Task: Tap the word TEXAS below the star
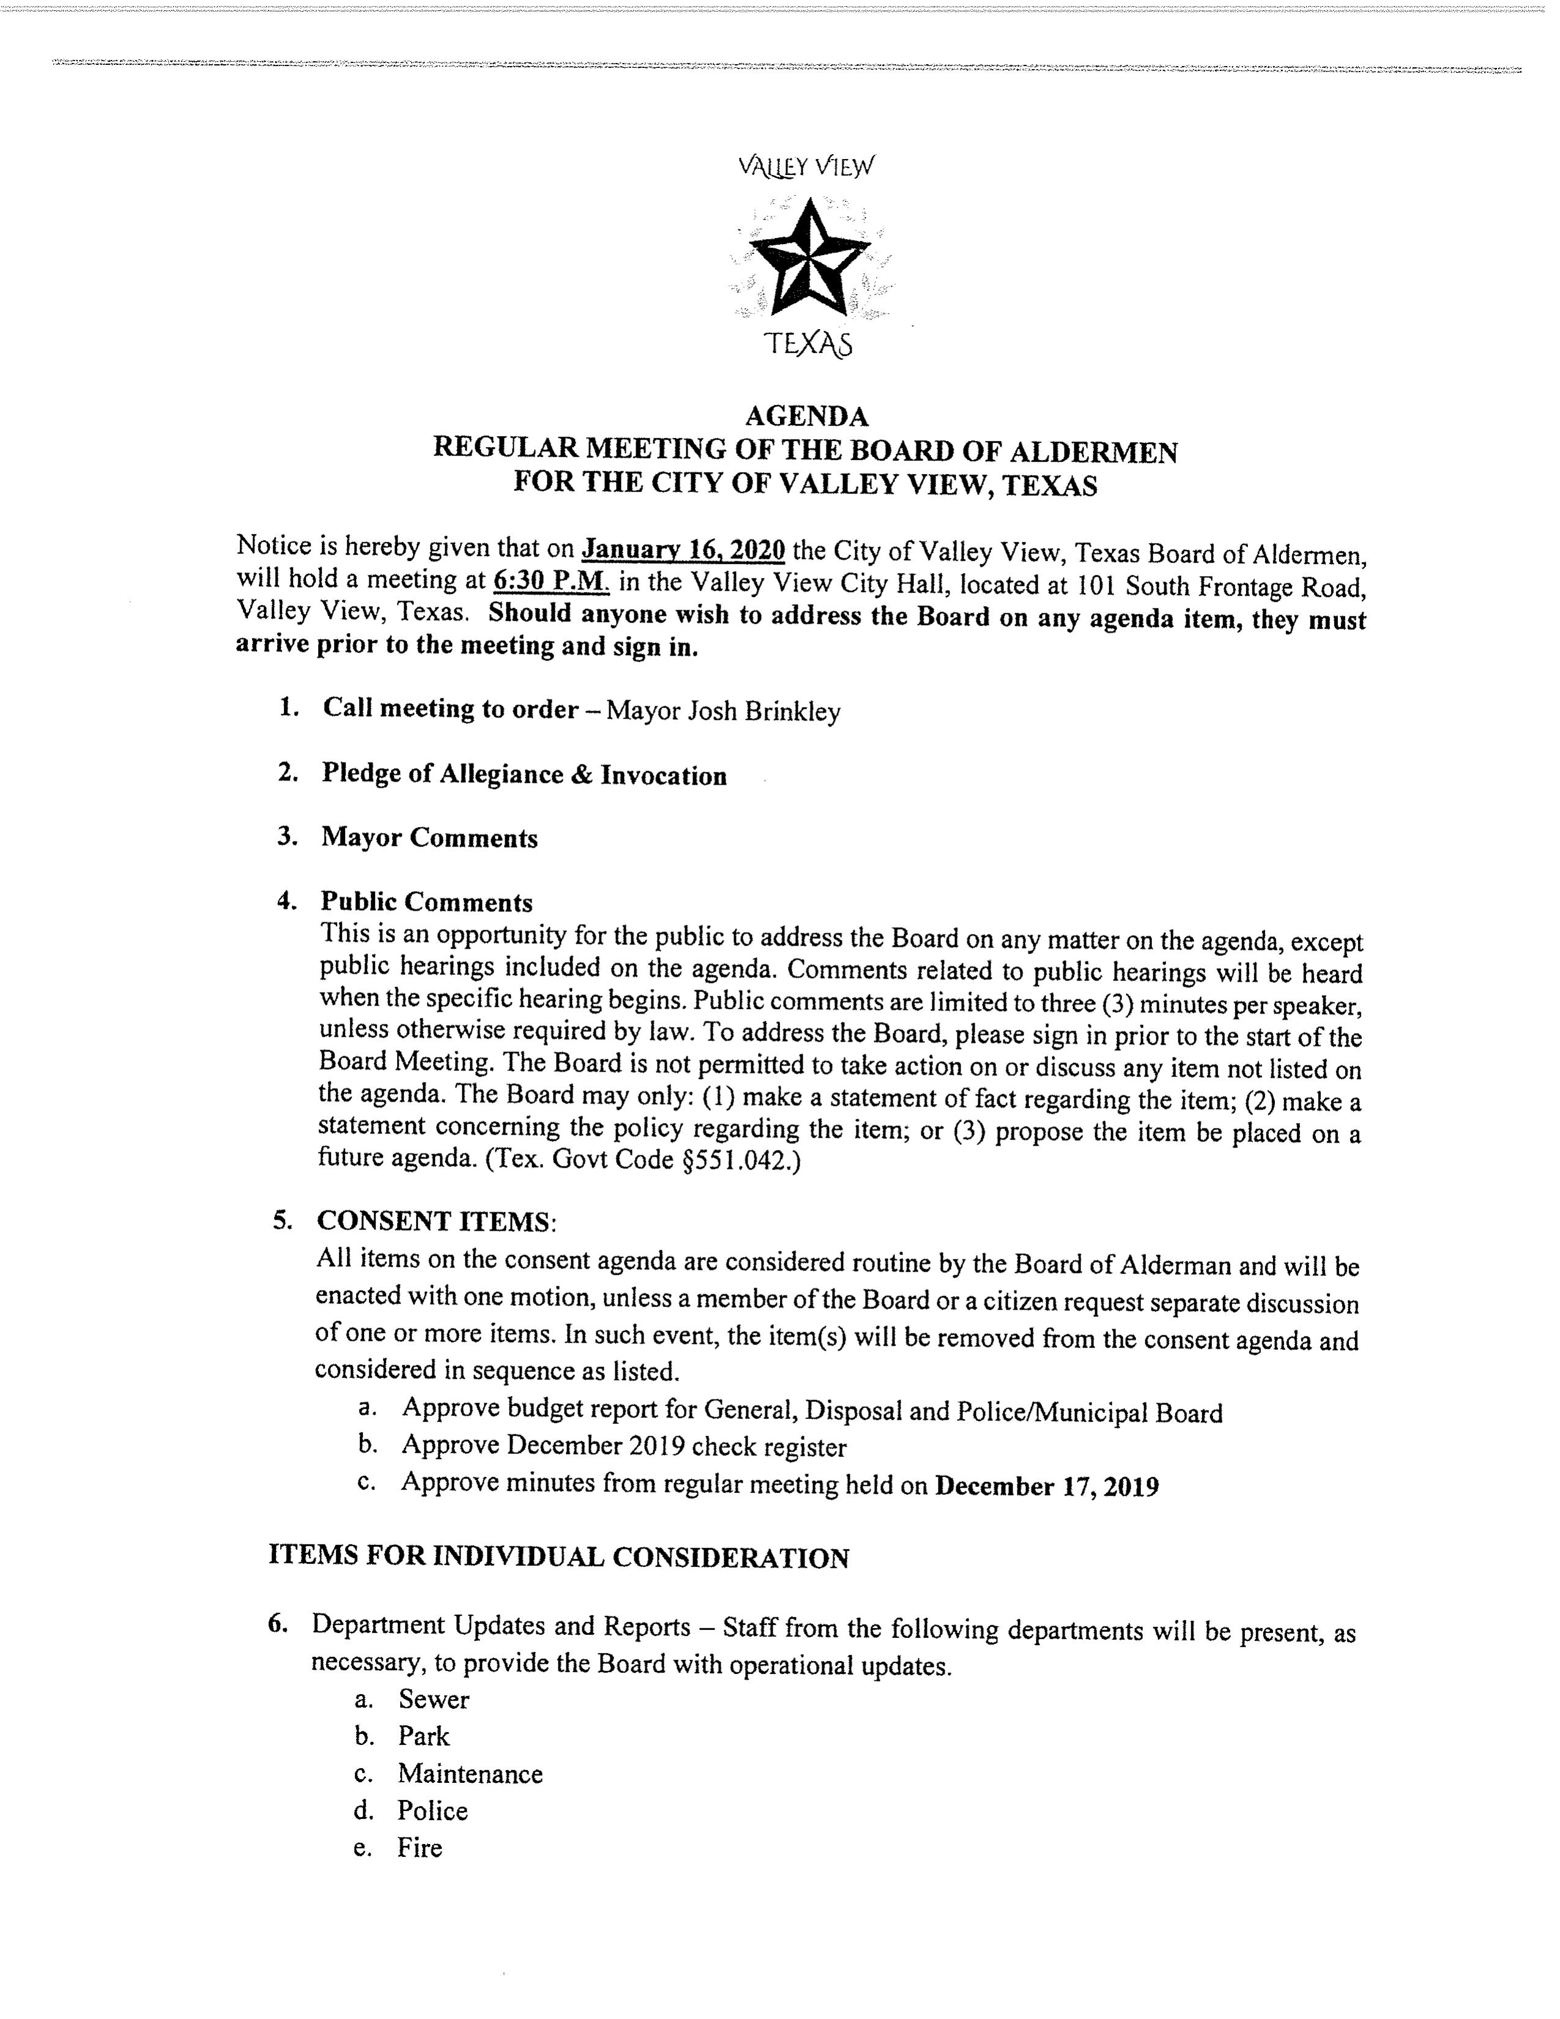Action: click(x=808, y=345)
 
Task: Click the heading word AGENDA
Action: click(x=806, y=416)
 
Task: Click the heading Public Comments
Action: click(x=426, y=902)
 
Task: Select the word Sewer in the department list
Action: click(x=434, y=1699)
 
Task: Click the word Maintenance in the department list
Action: click(x=470, y=1774)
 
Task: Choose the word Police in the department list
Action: click(x=433, y=1810)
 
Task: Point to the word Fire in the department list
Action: click(x=420, y=1848)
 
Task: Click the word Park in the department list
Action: click(x=423, y=1736)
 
